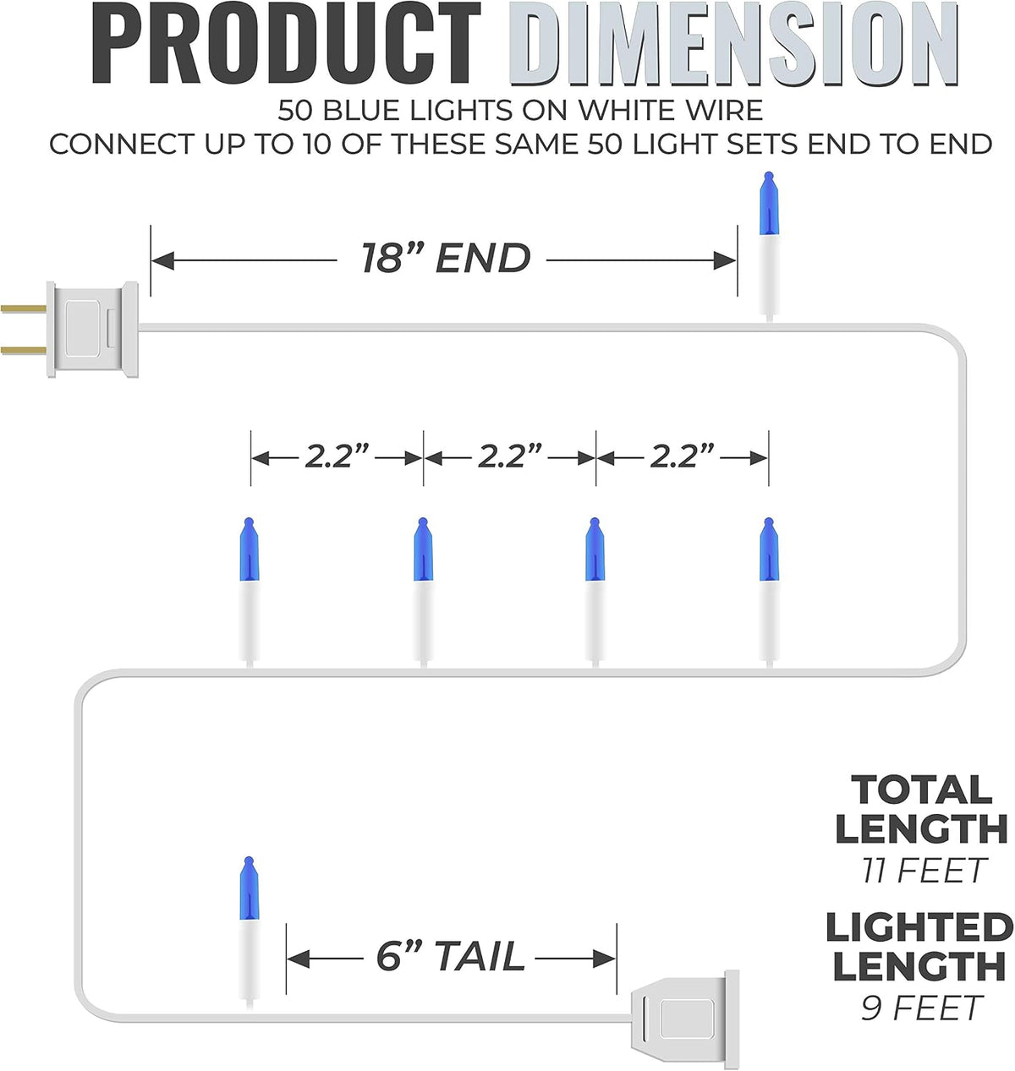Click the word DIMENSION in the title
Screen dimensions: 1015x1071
point(735,44)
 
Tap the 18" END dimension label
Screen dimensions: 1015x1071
point(446,258)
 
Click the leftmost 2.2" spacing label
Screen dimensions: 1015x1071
point(337,456)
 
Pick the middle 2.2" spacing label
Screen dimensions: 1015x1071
point(510,456)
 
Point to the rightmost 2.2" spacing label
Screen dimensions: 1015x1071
point(682,456)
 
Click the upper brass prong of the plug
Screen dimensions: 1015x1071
point(24,309)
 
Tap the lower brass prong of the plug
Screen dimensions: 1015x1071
point(24,350)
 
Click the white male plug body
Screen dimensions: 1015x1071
point(92,329)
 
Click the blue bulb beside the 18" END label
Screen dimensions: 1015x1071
point(769,204)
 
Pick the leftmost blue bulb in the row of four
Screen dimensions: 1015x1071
point(250,549)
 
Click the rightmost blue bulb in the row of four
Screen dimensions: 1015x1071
point(769,549)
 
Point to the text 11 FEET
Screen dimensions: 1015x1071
point(923,870)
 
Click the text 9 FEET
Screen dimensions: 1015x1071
point(922,1008)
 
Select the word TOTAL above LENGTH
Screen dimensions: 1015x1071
point(922,790)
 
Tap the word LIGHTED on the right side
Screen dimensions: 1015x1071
point(919,926)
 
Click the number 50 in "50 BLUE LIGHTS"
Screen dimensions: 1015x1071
point(294,111)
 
